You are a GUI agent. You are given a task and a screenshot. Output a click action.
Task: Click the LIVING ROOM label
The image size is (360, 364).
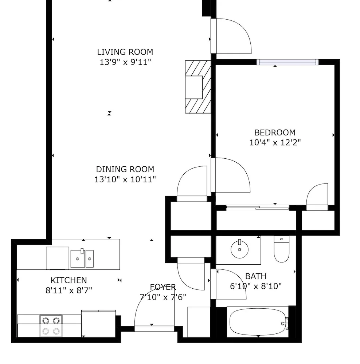click(125, 52)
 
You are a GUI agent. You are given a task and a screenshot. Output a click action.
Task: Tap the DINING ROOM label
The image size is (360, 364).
click(125, 170)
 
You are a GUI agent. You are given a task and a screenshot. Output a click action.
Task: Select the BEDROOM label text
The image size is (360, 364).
click(275, 133)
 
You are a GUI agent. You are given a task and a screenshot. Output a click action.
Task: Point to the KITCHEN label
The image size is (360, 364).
click(69, 280)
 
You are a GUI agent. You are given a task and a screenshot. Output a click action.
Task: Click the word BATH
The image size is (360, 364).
click(256, 277)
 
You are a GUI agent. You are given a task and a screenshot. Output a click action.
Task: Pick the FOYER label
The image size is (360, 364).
click(163, 287)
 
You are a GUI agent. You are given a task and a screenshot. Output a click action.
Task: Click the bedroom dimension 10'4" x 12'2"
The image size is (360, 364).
click(275, 143)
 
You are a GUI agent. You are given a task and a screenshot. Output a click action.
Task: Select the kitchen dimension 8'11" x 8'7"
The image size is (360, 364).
click(69, 290)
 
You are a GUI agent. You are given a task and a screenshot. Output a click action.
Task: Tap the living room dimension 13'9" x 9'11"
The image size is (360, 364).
click(125, 62)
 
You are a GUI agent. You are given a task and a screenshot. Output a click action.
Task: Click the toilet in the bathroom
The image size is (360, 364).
click(281, 249)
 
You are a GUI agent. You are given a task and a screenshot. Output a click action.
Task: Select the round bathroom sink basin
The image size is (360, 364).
click(239, 250)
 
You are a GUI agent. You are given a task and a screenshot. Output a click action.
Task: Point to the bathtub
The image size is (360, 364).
click(258, 322)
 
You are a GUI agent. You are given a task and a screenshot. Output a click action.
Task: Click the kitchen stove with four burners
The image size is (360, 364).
click(51, 326)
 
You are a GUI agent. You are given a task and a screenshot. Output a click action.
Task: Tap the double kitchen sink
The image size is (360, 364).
click(82, 258)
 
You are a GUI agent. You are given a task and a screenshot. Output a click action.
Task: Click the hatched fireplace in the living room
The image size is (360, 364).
click(198, 87)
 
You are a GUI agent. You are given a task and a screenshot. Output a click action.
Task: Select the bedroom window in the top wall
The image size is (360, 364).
click(287, 62)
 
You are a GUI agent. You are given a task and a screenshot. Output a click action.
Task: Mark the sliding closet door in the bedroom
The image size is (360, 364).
click(258, 207)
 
